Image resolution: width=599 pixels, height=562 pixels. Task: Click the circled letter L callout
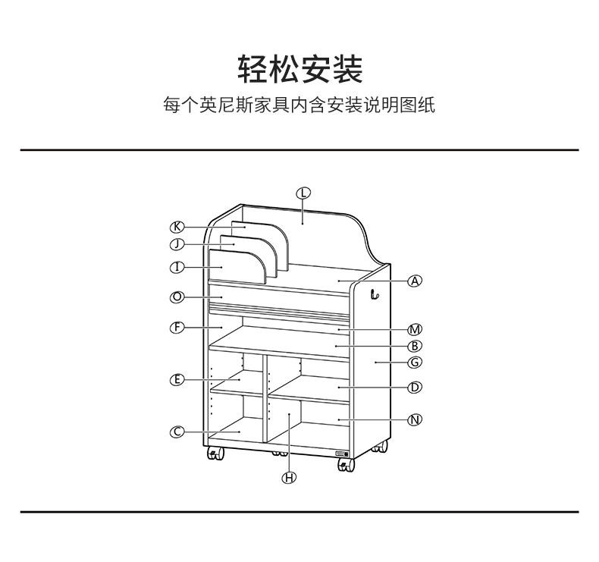(x=303, y=193)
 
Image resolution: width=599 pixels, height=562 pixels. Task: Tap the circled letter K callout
(x=177, y=227)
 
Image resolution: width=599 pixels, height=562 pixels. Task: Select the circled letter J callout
(x=177, y=244)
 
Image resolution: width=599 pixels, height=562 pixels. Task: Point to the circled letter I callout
(x=177, y=267)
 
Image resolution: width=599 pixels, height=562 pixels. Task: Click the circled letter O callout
(x=177, y=297)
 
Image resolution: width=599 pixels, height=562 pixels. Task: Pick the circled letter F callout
(x=177, y=328)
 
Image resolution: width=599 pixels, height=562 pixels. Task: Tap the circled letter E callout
(x=177, y=379)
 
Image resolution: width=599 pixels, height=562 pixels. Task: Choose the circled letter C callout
(x=177, y=432)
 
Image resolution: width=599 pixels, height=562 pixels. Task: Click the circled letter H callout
(x=290, y=477)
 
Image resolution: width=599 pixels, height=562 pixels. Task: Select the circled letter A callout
(x=414, y=281)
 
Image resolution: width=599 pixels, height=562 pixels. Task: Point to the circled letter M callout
(x=415, y=329)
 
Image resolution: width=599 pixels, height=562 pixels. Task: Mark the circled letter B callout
(x=415, y=346)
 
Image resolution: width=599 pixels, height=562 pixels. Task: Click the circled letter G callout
(x=415, y=363)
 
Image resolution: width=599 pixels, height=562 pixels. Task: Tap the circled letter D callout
(x=415, y=388)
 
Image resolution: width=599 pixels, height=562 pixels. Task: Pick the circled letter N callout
(x=415, y=419)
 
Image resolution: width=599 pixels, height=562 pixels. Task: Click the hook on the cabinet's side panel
(x=374, y=294)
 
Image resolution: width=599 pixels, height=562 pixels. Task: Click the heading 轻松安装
(x=299, y=69)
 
